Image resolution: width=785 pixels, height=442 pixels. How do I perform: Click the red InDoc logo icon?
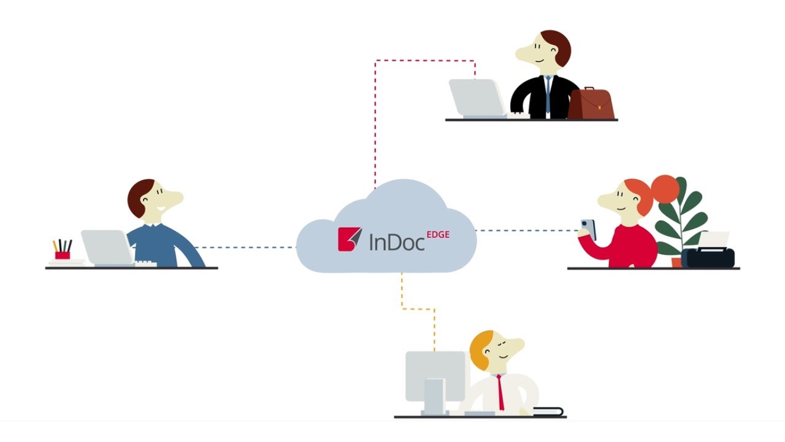click(x=350, y=239)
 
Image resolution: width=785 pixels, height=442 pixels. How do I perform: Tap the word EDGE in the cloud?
click(x=438, y=234)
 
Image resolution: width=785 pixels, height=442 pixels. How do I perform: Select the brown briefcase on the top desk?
click(x=591, y=105)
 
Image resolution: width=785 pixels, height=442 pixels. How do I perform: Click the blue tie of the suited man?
click(x=548, y=95)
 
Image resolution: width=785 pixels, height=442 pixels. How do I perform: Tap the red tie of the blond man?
click(x=500, y=393)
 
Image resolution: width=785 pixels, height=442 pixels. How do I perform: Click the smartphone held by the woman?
click(x=588, y=228)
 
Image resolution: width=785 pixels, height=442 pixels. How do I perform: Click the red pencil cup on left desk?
click(x=62, y=255)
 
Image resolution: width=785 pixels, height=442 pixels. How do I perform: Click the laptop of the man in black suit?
click(x=477, y=98)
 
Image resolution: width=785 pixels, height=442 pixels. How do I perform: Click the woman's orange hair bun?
click(x=665, y=188)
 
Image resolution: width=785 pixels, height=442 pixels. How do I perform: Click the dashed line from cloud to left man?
click(x=245, y=247)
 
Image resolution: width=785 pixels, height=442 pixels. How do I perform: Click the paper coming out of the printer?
click(x=713, y=239)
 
